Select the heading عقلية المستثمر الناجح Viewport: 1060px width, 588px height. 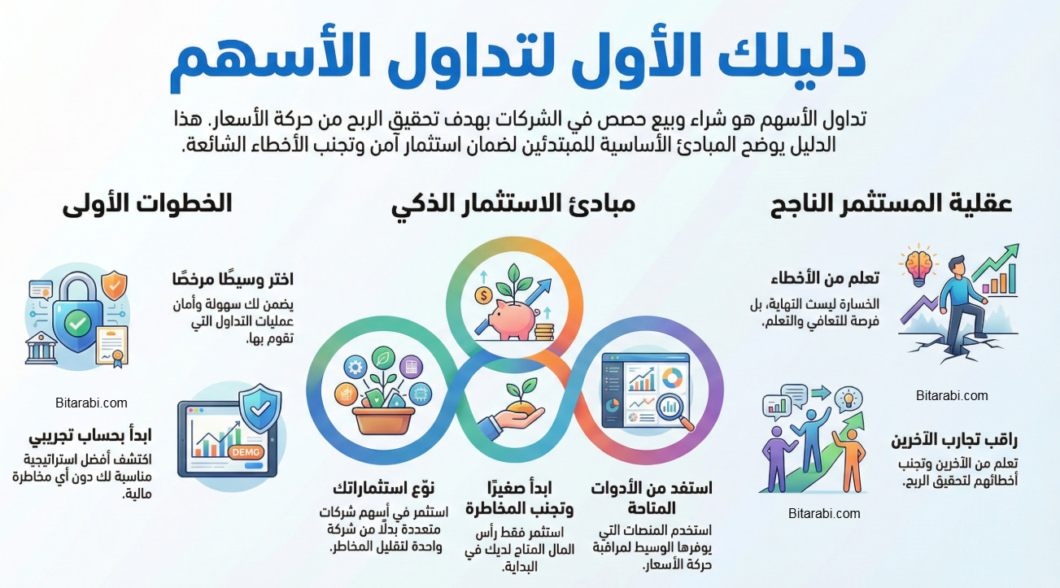tap(891, 203)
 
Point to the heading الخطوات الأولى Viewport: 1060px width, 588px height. tap(147, 203)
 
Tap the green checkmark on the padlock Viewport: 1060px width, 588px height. tap(78, 324)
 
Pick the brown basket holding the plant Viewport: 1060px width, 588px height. tap(381, 420)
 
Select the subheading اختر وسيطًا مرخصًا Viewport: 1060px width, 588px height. tap(233, 279)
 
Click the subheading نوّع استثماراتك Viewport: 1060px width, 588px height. tap(383, 488)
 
